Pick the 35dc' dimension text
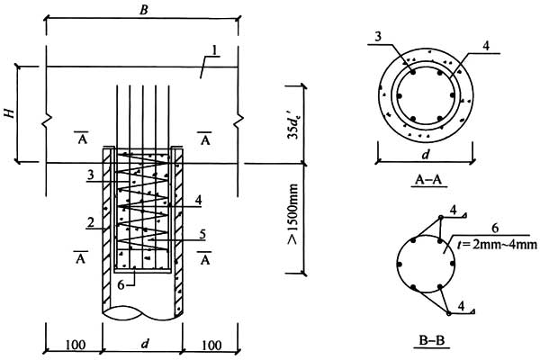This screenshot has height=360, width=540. point(293,122)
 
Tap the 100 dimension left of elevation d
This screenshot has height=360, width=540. point(73,346)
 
